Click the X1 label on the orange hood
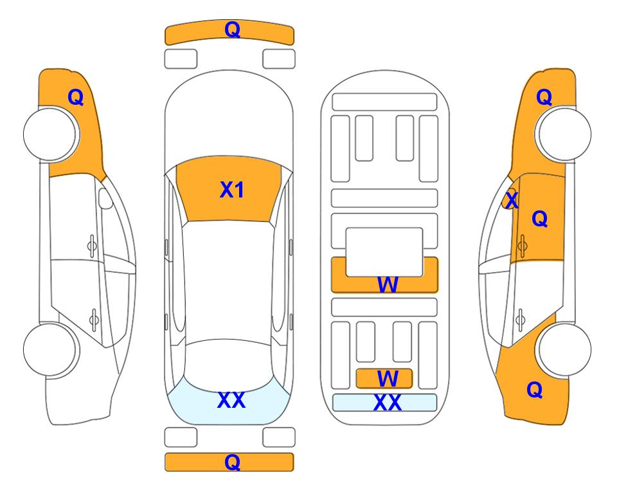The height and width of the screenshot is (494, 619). (x=232, y=190)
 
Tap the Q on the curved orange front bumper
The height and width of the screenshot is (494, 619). (x=232, y=30)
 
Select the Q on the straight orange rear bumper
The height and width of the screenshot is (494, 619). (x=232, y=462)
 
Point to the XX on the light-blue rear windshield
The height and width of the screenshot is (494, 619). (x=231, y=400)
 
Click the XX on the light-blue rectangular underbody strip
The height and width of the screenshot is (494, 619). (x=387, y=403)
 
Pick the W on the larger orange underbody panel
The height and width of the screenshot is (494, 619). (x=388, y=284)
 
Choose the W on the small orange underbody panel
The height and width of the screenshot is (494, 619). (x=388, y=379)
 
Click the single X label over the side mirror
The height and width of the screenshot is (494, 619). (x=512, y=199)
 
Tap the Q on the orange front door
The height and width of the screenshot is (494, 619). (x=540, y=219)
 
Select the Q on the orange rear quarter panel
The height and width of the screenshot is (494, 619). (x=535, y=390)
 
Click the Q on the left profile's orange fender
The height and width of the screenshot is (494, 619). (x=75, y=97)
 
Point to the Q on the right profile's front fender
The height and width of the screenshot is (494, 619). (x=544, y=97)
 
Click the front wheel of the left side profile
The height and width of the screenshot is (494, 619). (x=50, y=134)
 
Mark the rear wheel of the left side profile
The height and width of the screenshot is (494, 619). (x=50, y=350)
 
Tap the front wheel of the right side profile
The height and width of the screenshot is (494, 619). (x=564, y=134)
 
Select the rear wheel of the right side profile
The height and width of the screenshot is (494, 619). (x=564, y=350)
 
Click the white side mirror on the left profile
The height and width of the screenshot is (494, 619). (x=105, y=198)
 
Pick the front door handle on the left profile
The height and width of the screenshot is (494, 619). (x=92, y=246)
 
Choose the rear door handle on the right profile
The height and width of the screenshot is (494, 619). (x=520, y=319)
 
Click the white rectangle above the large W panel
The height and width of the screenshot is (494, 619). (x=384, y=252)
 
